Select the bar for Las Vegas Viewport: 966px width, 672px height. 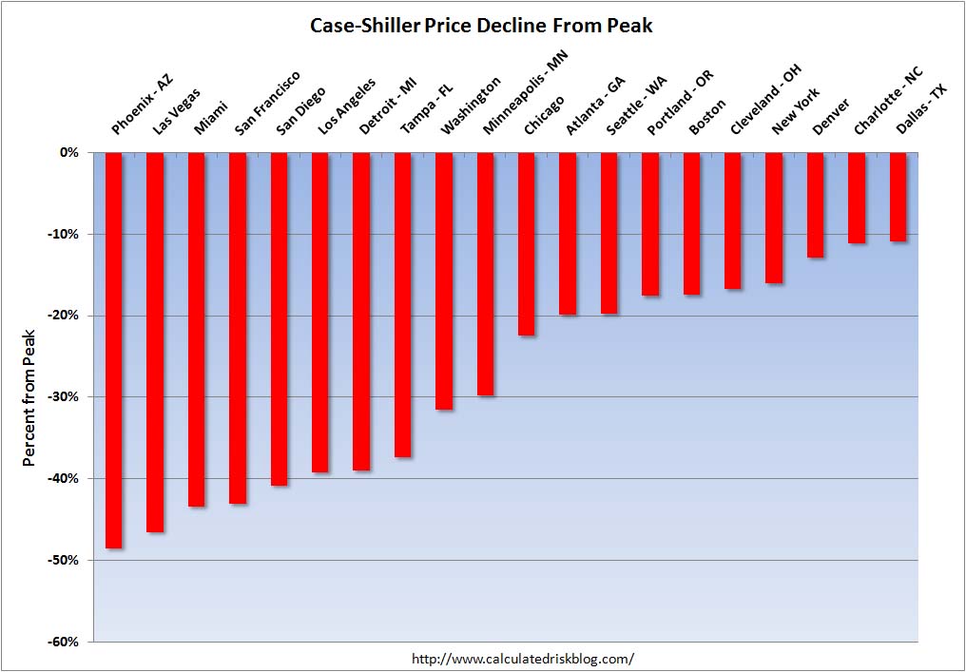pyautogui.click(x=155, y=342)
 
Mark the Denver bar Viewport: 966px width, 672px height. pyautogui.click(x=815, y=204)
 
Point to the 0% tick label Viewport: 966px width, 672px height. pyautogui.click(x=72, y=152)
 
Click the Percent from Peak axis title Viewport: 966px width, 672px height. pyautogui.click(x=29, y=397)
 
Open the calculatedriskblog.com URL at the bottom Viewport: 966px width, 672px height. pyautogui.click(x=522, y=658)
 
